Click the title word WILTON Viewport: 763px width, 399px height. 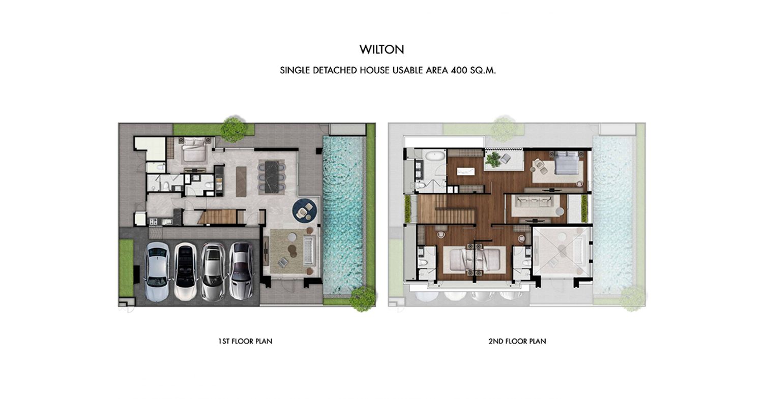[382, 50]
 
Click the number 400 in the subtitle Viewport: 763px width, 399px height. [459, 71]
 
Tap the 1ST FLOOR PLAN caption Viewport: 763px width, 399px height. [245, 341]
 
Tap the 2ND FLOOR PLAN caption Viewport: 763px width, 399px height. [517, 341]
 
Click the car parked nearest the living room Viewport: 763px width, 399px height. [241, 271]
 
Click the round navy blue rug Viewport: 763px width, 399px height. [305, 211]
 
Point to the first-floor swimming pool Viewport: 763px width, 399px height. [343, 214]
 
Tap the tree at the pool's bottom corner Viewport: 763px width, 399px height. [363, 298]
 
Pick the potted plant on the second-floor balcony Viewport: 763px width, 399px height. [493, 159]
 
